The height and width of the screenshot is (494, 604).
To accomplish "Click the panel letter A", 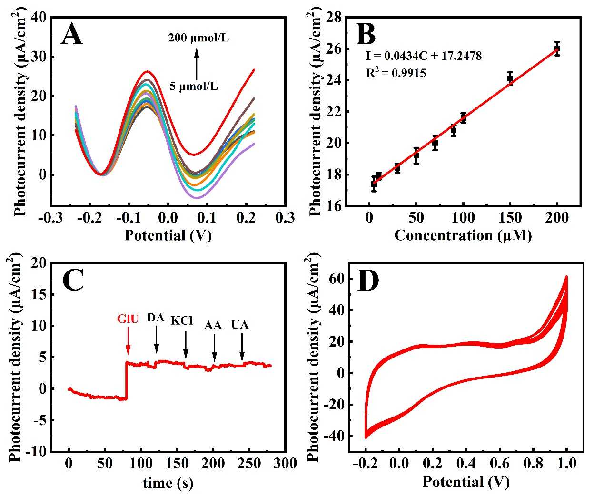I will pyautogui.click(x=72, y=35).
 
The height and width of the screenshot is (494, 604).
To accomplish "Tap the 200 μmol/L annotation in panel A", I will pyautogui.click(x=198, y=38).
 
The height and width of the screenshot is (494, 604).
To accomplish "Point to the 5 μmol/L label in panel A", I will pyautogui.click(x=194, y=87).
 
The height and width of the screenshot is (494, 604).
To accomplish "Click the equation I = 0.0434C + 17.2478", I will pyautogui.click(x=424, y=56).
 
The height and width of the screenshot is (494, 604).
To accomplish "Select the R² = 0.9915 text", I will pyautogui.click(x=396, y=73).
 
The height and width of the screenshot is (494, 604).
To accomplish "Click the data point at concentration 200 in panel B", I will pyautogui.click(x=557, y=48).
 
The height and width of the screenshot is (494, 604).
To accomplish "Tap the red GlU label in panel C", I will pyautogui.click(x=128, y=319).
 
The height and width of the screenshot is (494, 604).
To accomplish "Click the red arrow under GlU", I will pyautogui.click(x=128, y=343).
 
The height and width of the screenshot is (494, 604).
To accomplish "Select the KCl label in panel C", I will pyautogui.click(x=181, y=320).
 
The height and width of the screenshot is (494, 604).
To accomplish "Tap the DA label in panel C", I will pyautogui.click(x=156, y=318).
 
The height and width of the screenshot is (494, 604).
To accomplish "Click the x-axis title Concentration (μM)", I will pyautogui.click(x=463, y=235).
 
